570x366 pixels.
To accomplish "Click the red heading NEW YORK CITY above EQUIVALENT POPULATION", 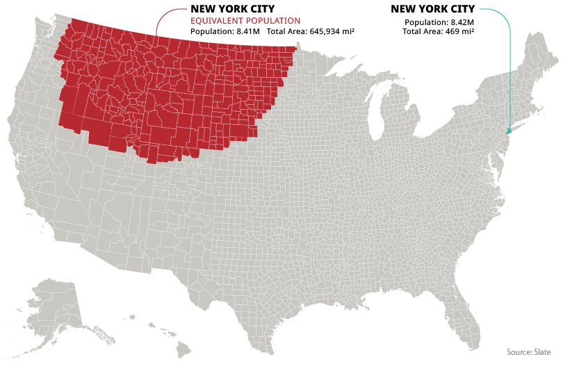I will pyautogui.click(x=232, y=9).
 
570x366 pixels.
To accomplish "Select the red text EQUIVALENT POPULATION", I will pyautogui.click(x=245, y=21).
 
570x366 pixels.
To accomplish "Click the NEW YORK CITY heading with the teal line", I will pyautogui.click(x=432, y=9).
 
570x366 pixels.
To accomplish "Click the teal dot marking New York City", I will pyautogui.click(x=509, y=131).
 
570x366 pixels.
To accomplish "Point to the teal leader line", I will pyautogui.click(x=511, y=69).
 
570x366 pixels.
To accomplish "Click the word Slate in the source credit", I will pyautogui.click(x=542, y=352).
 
